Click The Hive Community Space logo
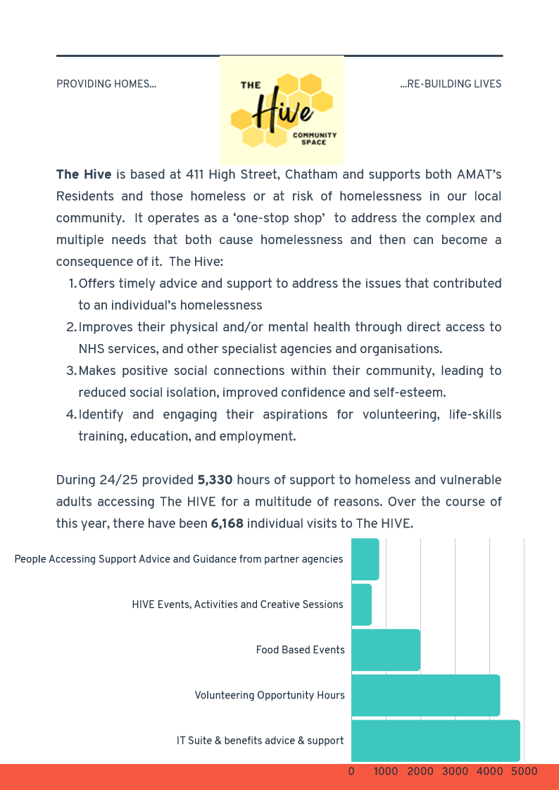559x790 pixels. tap(282, 110)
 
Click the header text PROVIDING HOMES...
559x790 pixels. tap(106, 84)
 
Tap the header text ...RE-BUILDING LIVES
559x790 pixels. tap(451, 84)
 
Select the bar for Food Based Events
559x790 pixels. tap(385, 650)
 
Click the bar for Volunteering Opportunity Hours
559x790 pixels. tap(425, 695)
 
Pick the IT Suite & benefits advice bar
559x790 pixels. tap(435, 740)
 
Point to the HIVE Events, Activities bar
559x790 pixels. tap(361, 604)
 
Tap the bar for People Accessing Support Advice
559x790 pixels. tap(365, 559)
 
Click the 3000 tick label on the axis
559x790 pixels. tap(455, 771)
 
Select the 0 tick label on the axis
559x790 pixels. tap(351, 771)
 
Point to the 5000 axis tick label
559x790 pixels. tap(524, 771)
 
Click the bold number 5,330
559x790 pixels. tap(215, 480)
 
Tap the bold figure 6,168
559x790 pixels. tap(227, 524)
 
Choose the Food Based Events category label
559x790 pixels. tap(300, 650)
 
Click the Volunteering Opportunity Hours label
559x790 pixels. tap(270, 695)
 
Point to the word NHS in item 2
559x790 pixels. tap(92, 349)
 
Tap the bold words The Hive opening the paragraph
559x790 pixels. tap(83, 174)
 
